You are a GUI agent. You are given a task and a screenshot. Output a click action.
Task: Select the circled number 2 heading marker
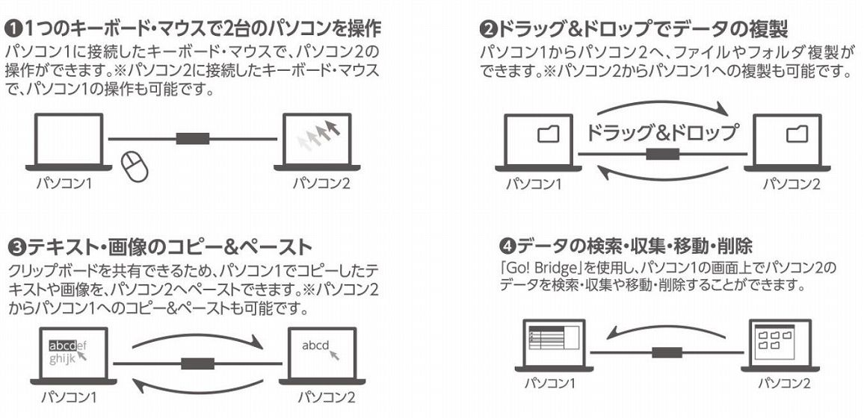coord(487,31)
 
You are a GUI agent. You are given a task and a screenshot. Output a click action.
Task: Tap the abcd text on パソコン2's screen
coord(315,346)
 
